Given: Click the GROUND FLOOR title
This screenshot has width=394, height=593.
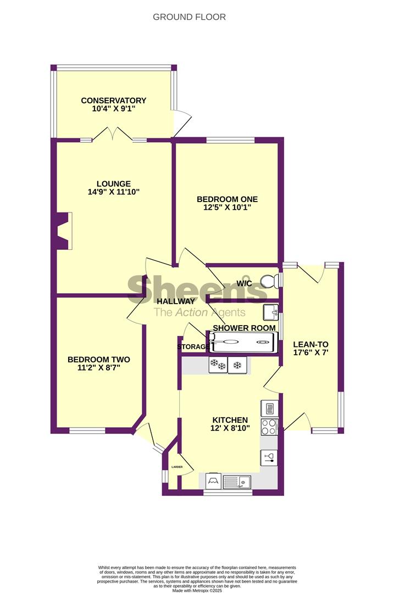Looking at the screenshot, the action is [189, 17].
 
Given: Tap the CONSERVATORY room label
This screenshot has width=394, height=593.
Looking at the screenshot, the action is [114, 100].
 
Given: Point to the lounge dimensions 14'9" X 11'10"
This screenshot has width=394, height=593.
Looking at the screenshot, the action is [114, 192].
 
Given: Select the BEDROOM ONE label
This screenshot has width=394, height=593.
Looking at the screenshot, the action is [227, 199].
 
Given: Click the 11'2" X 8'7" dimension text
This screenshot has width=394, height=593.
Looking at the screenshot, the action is [99, 367].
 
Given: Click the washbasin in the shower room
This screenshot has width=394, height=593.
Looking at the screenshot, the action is [271, 312].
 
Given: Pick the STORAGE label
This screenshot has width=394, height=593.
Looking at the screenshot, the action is [193, 347].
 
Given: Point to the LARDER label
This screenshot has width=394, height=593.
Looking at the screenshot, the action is [177, 467].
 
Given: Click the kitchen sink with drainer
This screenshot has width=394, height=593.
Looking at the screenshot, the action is [237, 482].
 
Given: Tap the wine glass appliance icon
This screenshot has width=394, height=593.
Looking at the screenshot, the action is [269, 457].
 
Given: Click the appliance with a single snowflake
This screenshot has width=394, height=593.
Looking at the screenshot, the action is [237, 365].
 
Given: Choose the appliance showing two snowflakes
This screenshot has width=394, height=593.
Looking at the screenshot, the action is [218, 365].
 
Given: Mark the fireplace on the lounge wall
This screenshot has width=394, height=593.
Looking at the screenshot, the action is [63, 231].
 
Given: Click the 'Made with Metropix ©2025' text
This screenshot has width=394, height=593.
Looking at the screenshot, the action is [197, 590].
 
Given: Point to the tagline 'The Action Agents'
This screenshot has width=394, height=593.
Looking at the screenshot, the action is [199, 313].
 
